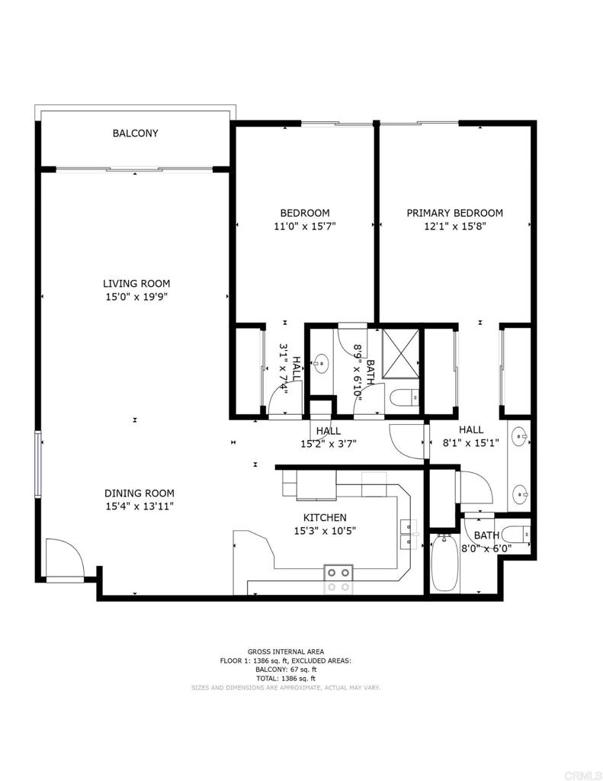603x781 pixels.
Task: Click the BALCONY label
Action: coord(136,133)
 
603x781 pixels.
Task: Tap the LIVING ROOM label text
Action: coord(136,284)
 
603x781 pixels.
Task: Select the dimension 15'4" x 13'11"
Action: coord(140,506)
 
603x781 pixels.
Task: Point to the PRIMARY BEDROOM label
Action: coord(454,214)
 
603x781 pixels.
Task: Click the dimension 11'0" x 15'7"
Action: coord(305,226)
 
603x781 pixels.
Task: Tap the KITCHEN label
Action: coord(325,518)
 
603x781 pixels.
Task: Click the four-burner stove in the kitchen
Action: coord(338,580)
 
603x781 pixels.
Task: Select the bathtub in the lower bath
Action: coord(444,564)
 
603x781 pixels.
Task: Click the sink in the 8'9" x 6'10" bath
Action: coord(322,364)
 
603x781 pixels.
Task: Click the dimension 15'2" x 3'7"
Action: coord(329,444)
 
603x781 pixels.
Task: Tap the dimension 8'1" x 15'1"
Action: coord(471,442)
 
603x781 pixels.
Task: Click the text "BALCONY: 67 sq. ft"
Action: coord(286,670)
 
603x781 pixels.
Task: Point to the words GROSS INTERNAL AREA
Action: coord(286,651)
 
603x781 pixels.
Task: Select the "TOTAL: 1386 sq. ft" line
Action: coord(286,678)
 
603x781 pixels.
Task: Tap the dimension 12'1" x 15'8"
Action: coord(454,226)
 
